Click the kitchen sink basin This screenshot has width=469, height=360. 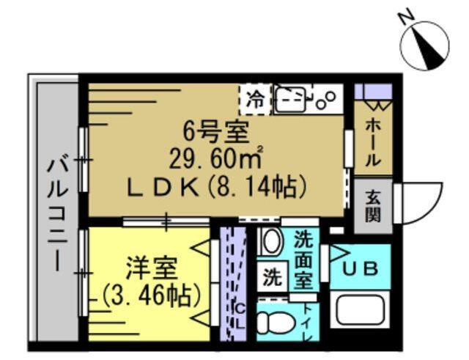[x=292, y=99]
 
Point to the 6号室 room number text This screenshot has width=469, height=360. [x=216, y=133]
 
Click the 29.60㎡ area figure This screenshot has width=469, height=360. [x=216, y=159]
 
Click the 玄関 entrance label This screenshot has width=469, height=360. [x=373, y=206]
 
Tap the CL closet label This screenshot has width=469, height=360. [x=238, y=314]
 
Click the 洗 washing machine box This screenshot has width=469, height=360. [x=272, y=278]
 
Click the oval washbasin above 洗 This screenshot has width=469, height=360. [x=271, y=242]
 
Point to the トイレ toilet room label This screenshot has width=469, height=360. [x=307, y=323]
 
